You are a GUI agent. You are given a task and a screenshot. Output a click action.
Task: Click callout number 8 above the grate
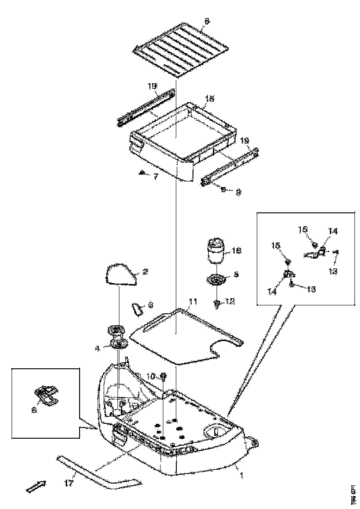[206, 21]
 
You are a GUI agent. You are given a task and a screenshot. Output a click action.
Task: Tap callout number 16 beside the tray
[210, 99]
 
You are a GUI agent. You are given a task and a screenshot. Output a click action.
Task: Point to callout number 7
[155, 176]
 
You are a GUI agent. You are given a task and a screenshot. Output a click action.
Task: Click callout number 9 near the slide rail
[237, 191]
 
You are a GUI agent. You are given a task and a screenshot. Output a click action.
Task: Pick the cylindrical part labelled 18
[215, 250]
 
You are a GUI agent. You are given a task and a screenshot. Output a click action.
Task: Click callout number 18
[236, 250]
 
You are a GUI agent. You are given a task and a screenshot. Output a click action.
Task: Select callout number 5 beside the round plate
[236, 274]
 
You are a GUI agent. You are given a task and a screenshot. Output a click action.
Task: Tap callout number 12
[230, 302]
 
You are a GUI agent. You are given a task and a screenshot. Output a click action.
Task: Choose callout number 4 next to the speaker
[98, 349]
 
